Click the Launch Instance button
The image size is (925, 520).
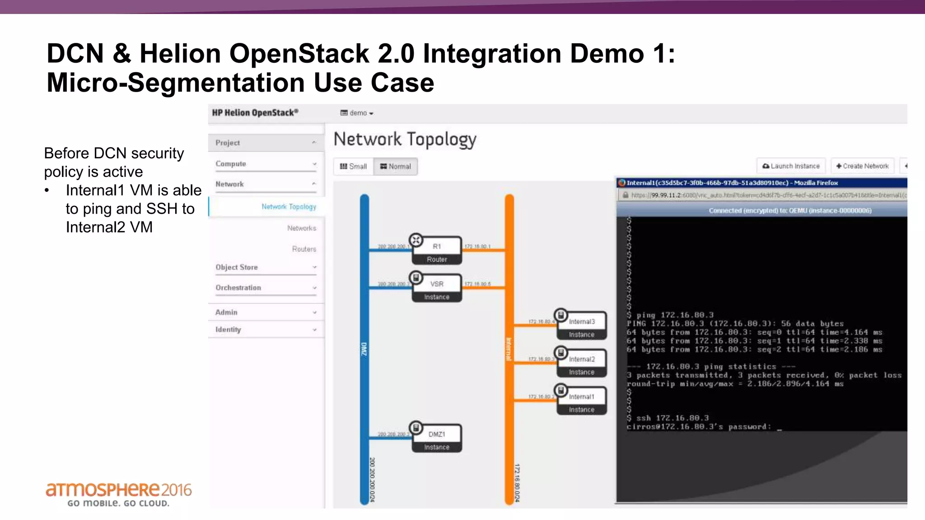791,166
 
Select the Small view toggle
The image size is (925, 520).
353,167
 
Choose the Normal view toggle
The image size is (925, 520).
396,167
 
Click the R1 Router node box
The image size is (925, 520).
437,251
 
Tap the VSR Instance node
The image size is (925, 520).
437,288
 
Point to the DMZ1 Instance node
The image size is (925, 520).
437,439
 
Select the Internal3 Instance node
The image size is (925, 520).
581,326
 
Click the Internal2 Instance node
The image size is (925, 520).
581,364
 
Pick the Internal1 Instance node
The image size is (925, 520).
581,401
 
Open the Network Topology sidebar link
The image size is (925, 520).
289,207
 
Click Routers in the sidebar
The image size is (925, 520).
304,249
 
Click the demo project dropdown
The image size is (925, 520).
357,113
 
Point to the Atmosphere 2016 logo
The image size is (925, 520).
118,494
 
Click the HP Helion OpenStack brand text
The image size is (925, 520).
255,113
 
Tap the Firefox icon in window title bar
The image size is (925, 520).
622,183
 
